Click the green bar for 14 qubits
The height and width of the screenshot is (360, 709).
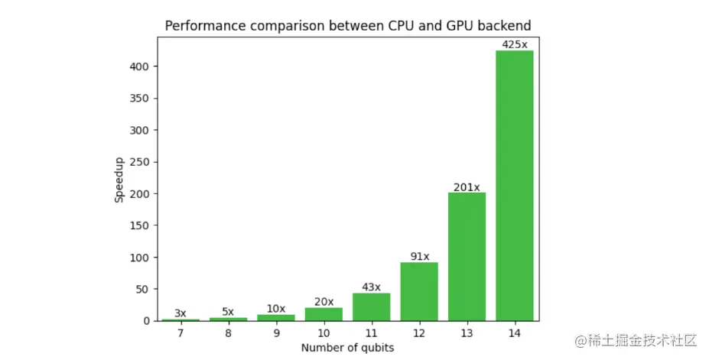click(515, 186)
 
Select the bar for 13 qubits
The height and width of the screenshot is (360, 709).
click(467, 257)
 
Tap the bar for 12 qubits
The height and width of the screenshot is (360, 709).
click(419, 291)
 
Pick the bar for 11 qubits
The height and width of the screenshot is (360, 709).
click(371, 306)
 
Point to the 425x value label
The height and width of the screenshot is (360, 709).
click(515, 44)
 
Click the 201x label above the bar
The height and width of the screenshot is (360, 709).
click(467, 186)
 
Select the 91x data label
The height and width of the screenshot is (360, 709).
click(419, 257)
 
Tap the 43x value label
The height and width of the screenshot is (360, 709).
click(371, 287)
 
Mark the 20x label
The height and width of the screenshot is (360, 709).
click(324, 302)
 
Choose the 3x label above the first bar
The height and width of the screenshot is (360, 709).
click(181, 313)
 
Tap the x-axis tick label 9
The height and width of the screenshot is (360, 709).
click(276, 333)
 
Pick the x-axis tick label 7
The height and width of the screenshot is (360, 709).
click(181, 333)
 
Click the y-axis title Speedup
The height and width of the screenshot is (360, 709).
click(119, 180)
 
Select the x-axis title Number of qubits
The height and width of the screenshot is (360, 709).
click(347, 348)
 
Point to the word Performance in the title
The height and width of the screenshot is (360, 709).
click(200, 26)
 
